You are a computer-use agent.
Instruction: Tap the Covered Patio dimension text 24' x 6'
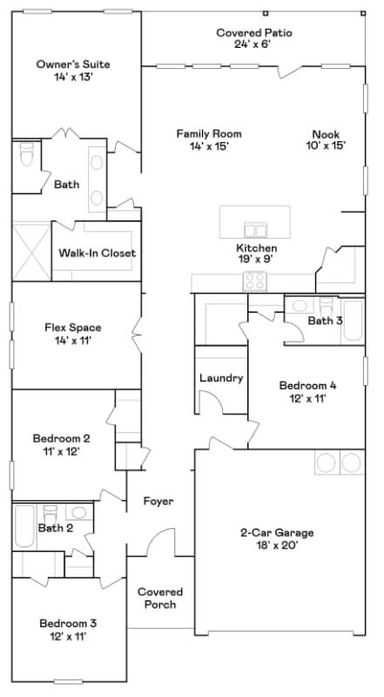(x=253, y=44)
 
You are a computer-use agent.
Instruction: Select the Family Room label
(x=208, y=133)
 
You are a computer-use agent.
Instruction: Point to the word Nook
(x=327, y=133)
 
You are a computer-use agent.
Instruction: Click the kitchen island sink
(x=255, y=230)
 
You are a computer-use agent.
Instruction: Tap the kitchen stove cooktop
(x=254, y=281)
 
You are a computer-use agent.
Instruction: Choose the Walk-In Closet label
(x=98, y=254)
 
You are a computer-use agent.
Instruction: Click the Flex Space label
(x=73, y=328)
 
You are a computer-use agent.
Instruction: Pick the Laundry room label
(x=221, y=378)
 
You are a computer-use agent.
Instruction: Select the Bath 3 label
(x=324, y=321)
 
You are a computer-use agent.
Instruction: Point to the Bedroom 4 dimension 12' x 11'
(x=307, y=398)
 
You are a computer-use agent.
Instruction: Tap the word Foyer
(x=158, y=502)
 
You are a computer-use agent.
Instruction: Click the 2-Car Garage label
(x=277, y=532)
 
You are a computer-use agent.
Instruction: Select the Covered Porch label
(x=159, y=598)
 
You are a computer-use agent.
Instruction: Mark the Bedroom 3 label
(x=67, y=623)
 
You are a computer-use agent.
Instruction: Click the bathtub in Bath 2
(x=24, y=525)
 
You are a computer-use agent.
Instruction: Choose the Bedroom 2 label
(x=61, y=438)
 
